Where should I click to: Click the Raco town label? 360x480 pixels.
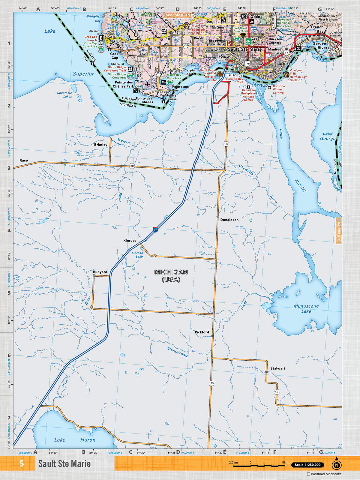[x=24, y=160]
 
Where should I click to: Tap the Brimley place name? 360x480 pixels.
[x=100, y=145]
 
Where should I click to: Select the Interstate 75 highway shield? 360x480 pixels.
[x=155, y=230]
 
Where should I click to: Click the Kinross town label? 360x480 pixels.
[x=130, y=241]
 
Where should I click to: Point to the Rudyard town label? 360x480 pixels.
[x=100, y=272]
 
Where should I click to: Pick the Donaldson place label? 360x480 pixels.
[x=229, y=220]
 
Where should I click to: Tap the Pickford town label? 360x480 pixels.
[x=202, y=332]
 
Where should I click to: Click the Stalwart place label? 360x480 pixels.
[x=277, y=368]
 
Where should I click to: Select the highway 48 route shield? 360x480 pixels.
[x=276, y=392]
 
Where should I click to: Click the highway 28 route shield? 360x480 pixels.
[x=132, y=166]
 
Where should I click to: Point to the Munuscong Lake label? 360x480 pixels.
[x=306, y=309]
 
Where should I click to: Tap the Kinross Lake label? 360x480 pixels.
[x=137, y=255]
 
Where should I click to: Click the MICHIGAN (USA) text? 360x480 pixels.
[x=171, y=276]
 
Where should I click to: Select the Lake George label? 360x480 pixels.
[x=327, y=136]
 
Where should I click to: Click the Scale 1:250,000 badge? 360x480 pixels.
[x=307, y=465]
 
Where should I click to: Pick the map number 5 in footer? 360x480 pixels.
[x=22, y=463]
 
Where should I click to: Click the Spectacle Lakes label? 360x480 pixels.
[x=64, y=95]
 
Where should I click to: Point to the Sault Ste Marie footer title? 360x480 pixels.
[x=64, y=464]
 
